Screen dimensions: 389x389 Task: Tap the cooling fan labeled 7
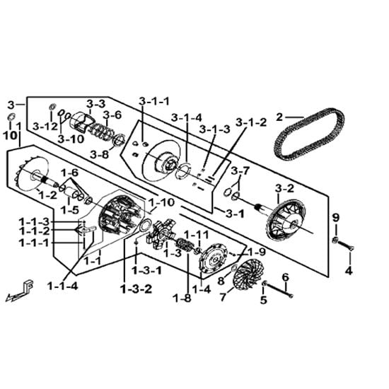coord(248,274)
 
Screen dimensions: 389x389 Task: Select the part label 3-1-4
coord(187,118)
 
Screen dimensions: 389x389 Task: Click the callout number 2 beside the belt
coord(279,117)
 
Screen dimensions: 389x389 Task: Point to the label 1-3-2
coord(137,289)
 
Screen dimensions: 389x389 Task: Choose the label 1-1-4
coord(62,286)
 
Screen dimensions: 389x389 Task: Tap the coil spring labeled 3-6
coord(100,132)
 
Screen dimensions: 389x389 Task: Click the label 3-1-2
coord(251,122)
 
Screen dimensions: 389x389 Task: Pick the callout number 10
coord(10,136)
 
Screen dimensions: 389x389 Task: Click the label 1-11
coord(196,235)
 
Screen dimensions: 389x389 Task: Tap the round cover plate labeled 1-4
coord(214,258)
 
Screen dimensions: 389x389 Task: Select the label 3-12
coord(45,127)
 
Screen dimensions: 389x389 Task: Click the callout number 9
coord(336,218)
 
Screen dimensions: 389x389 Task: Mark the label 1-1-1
coord(35,243)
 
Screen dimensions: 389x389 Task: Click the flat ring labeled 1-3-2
coord(146,226)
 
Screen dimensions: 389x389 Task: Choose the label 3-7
coord(240,171)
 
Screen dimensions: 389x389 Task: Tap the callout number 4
coord(349,271)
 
